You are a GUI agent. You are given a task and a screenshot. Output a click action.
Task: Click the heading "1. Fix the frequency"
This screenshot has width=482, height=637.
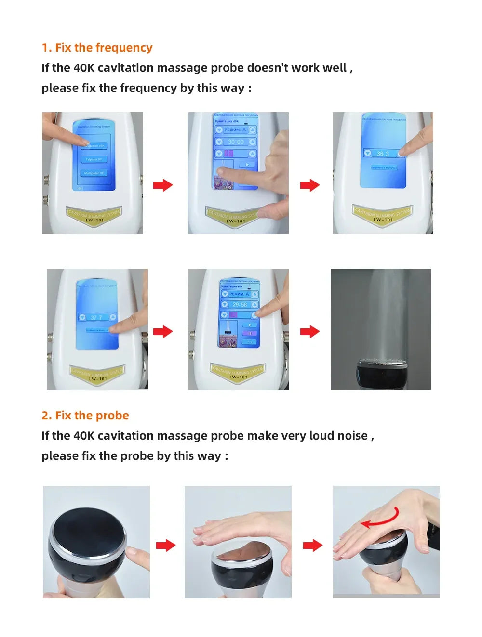97,48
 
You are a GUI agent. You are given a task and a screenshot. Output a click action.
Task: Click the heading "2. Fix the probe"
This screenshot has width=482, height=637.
85,416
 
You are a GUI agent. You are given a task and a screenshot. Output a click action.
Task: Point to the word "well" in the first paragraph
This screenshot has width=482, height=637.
335,68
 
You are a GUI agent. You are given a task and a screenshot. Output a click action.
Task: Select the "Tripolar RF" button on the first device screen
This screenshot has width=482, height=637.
94,159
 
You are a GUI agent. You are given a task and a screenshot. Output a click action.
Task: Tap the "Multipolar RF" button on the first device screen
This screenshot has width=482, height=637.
94,173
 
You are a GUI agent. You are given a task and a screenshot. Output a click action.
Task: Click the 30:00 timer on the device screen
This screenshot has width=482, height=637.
236,142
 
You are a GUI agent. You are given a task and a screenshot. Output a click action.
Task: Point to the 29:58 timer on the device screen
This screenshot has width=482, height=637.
240,305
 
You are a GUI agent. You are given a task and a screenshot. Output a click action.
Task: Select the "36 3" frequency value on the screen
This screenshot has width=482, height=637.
383,154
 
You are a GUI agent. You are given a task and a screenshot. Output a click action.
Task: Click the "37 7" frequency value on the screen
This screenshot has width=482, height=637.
96,317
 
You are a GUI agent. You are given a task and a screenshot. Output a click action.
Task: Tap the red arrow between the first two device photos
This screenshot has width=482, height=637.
163,185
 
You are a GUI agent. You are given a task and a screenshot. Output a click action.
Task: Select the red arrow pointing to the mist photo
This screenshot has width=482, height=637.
310,331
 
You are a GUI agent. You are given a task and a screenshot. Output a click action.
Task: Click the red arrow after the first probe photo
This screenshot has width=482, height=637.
166,546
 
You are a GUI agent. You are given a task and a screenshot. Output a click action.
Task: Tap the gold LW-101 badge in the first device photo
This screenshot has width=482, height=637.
94,215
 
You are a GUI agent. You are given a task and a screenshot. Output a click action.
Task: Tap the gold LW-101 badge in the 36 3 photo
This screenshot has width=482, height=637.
383,215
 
